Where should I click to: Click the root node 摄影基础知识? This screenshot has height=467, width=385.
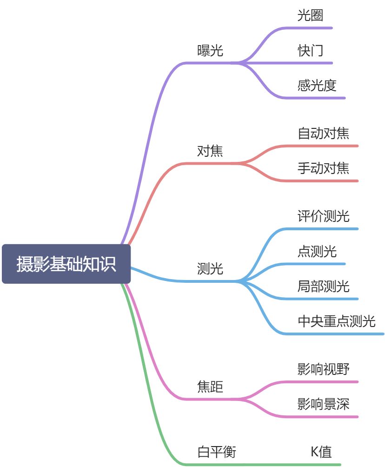pos(66,264)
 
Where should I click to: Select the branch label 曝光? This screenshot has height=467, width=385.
pos(210,51)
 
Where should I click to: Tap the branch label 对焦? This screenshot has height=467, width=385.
pos(210,151)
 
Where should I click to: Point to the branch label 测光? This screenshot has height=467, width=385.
pos(210,269)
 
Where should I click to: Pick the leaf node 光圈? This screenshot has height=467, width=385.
pos(310,15)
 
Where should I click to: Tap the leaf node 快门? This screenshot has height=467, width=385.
pos(310,51)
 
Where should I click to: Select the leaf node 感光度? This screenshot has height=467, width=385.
pos(317,86)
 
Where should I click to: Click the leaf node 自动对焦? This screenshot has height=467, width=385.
pos(323,134)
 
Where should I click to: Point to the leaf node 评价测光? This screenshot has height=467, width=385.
pos(323,216)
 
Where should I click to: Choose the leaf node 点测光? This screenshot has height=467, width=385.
pos(317,252)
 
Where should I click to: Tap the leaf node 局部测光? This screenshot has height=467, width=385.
pos(323,286)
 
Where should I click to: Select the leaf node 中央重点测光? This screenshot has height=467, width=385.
pos(336,321)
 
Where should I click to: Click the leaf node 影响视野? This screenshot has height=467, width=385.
pos(323,369)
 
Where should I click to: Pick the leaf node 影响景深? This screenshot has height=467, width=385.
pos(323,404)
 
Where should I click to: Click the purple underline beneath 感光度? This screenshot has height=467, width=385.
pos(321,98)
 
